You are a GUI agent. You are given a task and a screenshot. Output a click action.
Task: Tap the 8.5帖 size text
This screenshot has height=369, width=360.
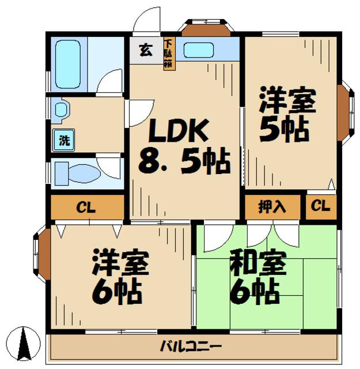(184, 162)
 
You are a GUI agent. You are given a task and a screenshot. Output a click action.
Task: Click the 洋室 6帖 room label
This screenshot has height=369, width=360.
(120, 277)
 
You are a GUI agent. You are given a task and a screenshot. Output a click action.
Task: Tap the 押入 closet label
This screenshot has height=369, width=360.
(272, 207)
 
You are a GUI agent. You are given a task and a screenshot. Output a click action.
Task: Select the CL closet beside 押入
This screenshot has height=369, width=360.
(321, 206)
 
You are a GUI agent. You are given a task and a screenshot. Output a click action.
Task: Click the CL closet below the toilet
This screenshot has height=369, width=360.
(86, 207)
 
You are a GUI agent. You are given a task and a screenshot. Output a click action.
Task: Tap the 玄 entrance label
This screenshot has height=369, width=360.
(146, 50)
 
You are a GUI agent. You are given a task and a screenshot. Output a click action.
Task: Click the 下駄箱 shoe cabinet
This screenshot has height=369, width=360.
(169, 53)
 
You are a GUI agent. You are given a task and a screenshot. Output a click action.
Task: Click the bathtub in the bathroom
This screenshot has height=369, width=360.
(68, 63)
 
